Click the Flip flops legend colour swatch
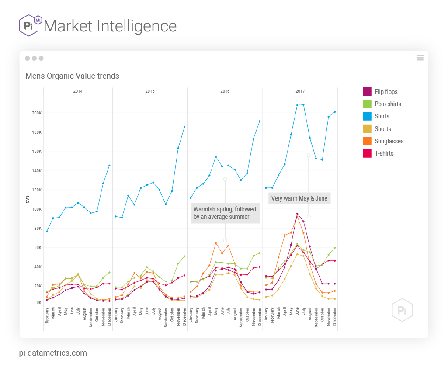[x=367, y=92]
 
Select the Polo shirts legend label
[x=388, y=104]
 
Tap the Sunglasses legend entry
[x=389, y=141]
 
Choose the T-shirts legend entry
[x=384, y=153]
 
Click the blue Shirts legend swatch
[x=367, y=116]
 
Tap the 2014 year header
[x=78, y=91]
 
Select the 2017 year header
[x=300, y=91]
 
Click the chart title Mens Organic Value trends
[x=72, y=76]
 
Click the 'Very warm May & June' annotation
[x=299, y=198]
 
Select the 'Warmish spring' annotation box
[x=225, y=213]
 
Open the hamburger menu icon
[x=420, y=58]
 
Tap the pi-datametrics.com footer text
[x=53, y=353]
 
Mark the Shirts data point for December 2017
[x=335, y=112]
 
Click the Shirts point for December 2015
[x=184, y=127]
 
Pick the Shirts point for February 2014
[x=47, y=231]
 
